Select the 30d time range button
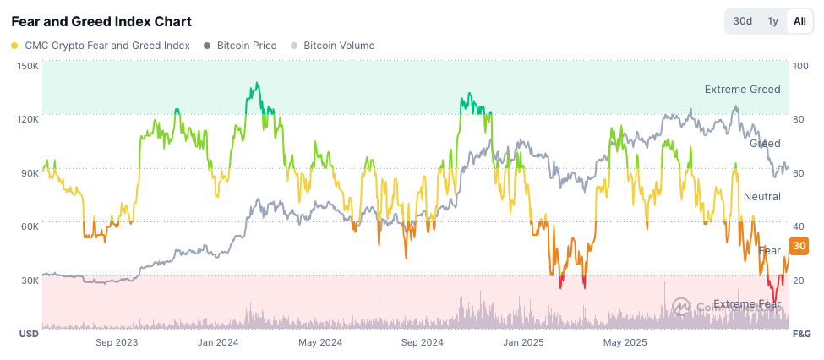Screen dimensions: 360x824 pyautogui.click(x=743, y=21)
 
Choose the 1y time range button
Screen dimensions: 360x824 pyautogui.click(x=772, y=21)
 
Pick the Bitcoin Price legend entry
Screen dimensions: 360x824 pyautogui.click(x=246, y=46)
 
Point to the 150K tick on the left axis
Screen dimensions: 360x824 pyautogui.click(x=28, y=66)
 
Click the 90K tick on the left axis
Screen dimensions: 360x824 pyautogui.click(x=30, y=173)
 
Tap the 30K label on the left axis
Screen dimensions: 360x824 pyautogui.click(x=30, y=281)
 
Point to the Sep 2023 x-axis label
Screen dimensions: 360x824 pyautogui.click(x=117, y=342)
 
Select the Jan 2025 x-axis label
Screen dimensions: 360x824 pyautogui.click(x=522, y=342)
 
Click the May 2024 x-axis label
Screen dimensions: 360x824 pyautogui.click(x=320, y=342)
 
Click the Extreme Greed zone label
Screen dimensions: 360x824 pyautogui.click(x=742, y=90)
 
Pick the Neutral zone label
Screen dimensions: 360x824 pyautogui.click(x=761, y=197)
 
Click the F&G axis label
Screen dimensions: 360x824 pyautogui.click(x=801, y=335)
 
